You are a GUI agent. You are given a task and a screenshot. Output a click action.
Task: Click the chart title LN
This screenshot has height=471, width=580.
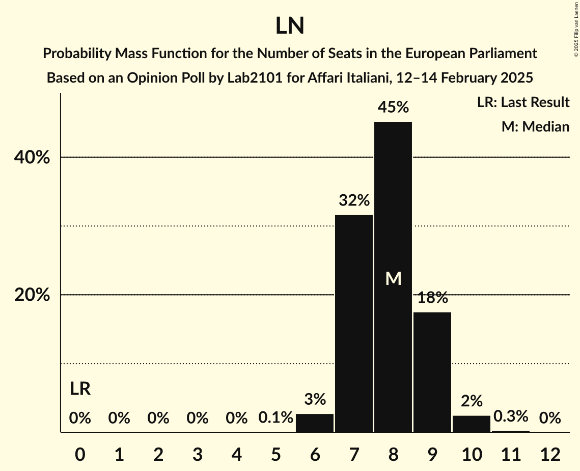(290, 26)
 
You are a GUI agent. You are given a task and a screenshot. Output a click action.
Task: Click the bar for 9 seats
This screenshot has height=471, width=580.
(432, 372)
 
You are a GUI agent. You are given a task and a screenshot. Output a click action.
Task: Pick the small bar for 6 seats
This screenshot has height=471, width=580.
(315, 423)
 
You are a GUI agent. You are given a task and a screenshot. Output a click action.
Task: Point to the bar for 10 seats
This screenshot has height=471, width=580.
(472, 424)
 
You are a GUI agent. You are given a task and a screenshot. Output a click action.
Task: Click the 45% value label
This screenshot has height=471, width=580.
(393, 107)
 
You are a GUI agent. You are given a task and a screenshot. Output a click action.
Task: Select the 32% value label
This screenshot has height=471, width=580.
(354, 200)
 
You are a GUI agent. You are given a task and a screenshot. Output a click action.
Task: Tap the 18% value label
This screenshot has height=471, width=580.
(432, 298)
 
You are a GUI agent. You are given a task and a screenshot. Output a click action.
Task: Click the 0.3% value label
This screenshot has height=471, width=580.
(511, 417)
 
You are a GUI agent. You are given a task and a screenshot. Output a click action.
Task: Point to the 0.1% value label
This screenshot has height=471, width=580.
(275, 418)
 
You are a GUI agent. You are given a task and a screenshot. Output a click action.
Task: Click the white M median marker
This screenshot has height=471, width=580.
(393, 278)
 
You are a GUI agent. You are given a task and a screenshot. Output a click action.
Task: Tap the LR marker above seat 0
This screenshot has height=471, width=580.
(80, 389)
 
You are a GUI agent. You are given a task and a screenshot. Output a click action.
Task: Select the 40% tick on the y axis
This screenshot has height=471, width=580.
(32, 158)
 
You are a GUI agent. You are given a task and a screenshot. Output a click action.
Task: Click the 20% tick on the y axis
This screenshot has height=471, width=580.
(32, 295)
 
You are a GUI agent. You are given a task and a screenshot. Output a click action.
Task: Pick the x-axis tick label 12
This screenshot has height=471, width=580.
(550, 454)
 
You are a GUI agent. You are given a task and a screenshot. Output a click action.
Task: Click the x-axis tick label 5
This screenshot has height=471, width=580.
(275, 454)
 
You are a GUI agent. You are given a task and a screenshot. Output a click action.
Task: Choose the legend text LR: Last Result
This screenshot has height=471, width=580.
(523, 102)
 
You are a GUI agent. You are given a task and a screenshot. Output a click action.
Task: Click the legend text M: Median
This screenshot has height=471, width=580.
(535, 126)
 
